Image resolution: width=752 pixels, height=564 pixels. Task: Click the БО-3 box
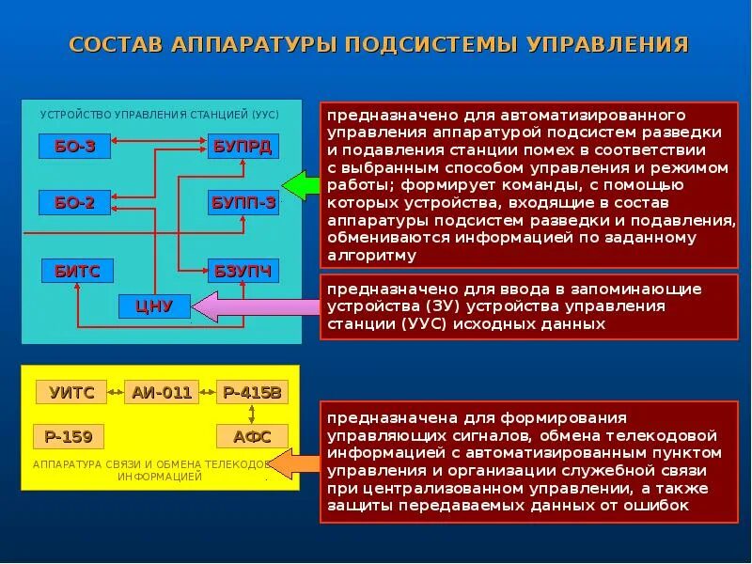(74, 147)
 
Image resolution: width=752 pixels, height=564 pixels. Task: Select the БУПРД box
(243, 147)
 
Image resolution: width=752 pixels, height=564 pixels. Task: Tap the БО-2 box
(74, 202)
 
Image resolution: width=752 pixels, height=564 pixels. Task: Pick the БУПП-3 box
(243, 202)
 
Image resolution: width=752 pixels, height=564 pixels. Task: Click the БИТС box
(77, 271)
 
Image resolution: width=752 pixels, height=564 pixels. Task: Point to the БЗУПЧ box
(243, 271)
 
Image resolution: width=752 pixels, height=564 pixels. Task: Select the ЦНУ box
(155, 305)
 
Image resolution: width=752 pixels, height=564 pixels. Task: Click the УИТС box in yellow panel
(71, 392)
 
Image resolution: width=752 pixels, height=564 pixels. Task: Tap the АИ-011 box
(162, 392)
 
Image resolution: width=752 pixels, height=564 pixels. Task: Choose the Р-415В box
(252, 392)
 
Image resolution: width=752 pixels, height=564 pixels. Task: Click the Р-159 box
(68, 436)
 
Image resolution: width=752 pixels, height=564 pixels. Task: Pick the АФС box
(252, 436)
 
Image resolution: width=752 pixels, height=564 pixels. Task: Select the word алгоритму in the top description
(371, 255)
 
